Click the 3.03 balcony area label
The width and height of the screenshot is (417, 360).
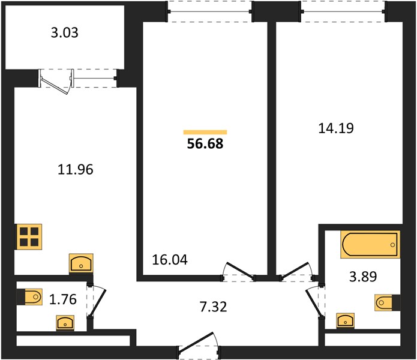pos(65,33)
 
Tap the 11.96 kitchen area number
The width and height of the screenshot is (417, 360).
pos(76,169)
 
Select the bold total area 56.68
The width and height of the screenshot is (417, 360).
pos(205,144)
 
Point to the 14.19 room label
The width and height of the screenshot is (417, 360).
pos(336,128)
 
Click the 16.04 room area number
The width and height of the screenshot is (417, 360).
pos(170,260)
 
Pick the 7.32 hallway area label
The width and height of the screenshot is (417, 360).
pos(213,307)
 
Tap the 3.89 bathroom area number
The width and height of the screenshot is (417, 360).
pos(363,277)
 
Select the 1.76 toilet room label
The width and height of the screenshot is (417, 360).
pos(63,299)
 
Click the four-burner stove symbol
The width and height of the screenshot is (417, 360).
pos(29,237)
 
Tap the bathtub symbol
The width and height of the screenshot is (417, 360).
pos(370,244)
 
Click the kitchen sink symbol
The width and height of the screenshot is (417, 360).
pos(81,263)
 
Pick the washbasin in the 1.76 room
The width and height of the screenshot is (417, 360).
pos(65,323)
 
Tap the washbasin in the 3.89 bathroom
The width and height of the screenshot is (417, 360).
pos(345,320)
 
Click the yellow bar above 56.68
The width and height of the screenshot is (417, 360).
pos(205,132)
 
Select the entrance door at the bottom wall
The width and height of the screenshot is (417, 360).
pos(199,344)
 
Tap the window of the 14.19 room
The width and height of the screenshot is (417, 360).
pos(343,11)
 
